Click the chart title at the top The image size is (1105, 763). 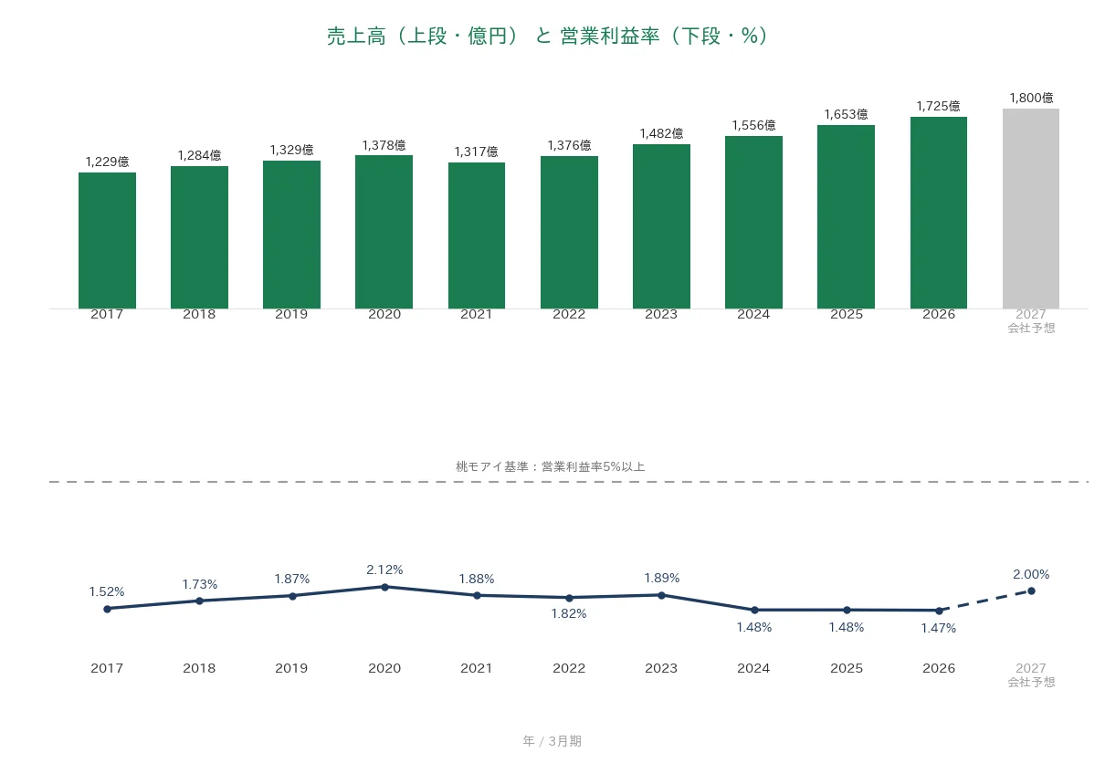[x=547, y=36]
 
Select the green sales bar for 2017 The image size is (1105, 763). [x=107, y=241]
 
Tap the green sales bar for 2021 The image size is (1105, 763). [x=477, y=235]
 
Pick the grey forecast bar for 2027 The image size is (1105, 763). [x=1030, y=208]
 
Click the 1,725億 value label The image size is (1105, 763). [x=938, y=106]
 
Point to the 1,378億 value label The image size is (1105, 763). [x=384, y=145]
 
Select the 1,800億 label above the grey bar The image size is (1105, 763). [x=1031, y=98]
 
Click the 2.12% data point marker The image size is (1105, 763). [x=384, y=587]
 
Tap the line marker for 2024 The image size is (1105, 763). [x=753, y=611]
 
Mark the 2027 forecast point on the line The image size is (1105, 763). [x=1031, y=591]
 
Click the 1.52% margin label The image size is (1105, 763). [x=107, y=591]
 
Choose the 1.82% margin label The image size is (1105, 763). [x=569, y=613]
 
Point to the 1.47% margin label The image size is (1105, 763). [x=938, y=628]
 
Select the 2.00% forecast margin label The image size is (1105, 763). [x=1031, y=574]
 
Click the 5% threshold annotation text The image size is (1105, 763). [x=550, y=466]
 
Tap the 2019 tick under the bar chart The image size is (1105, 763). [x=291, y=315]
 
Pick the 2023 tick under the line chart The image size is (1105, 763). [x=661, y=668]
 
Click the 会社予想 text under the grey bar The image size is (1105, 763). [x=1031, y=329]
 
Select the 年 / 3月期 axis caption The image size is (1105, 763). [x=552, y=741]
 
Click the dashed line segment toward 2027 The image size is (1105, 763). [x=985, y=601]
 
